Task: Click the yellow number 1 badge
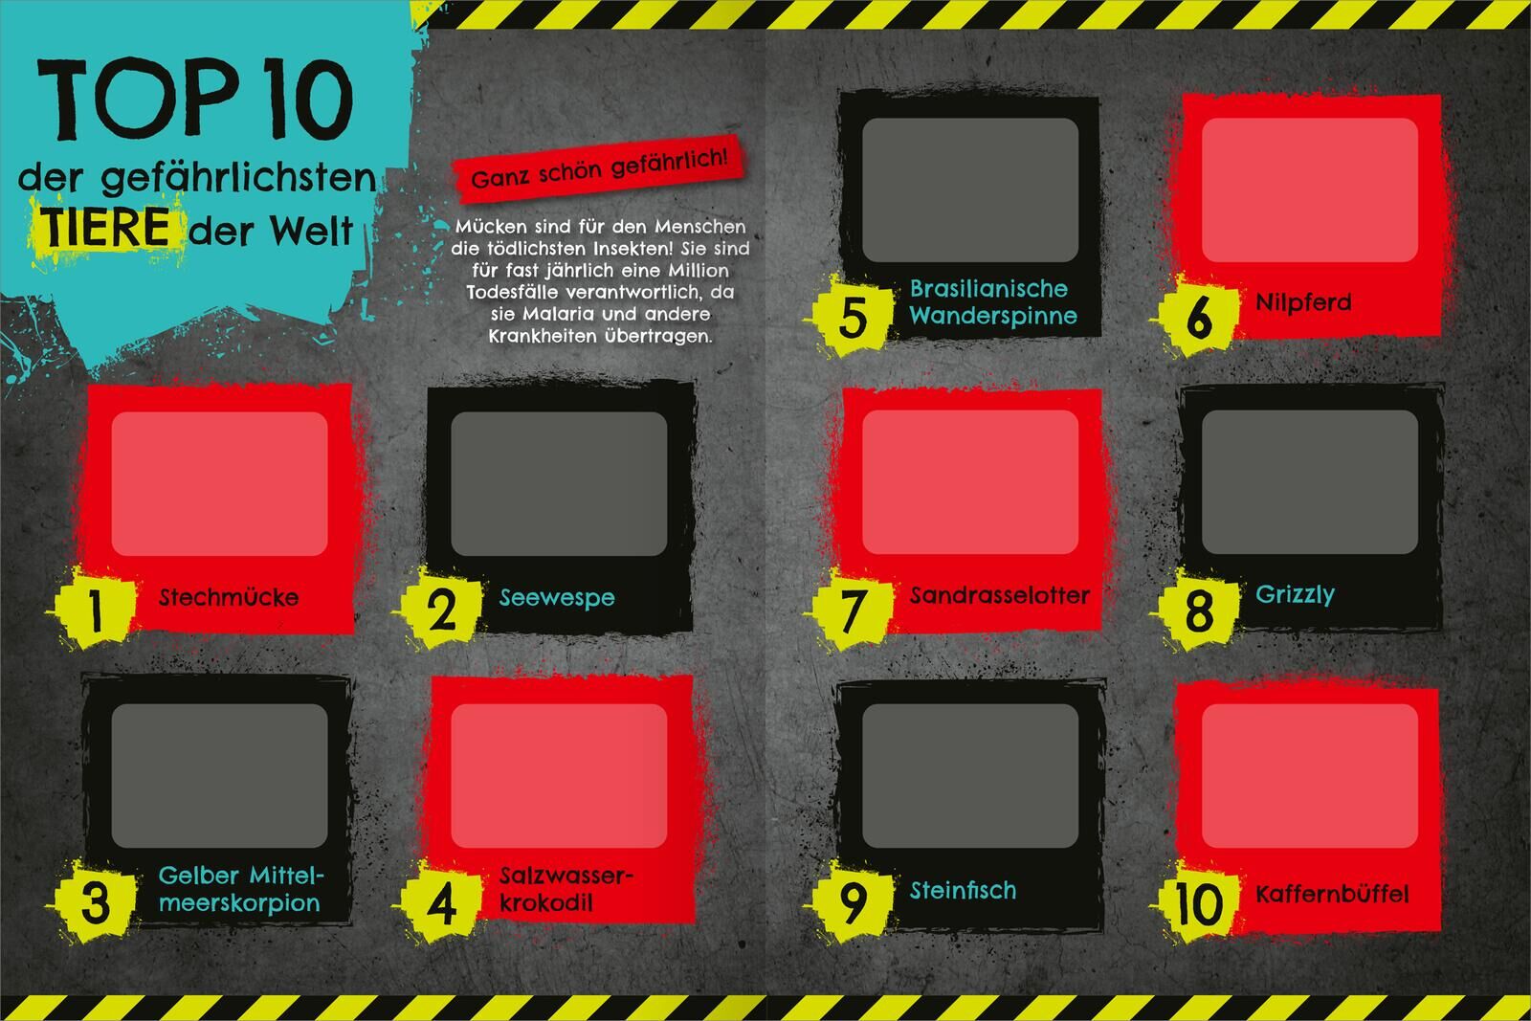pos(96,609)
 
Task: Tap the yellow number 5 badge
pos(853,317)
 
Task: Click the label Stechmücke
pos(229,597)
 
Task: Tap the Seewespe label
pos(557,598)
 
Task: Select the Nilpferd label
pos(1303,302)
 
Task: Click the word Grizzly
pos(1295,594)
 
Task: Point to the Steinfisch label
pos(963,891)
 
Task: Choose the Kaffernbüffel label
pos(1332,893)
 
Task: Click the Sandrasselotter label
pos(999,595)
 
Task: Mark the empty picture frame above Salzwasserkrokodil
pos(559,776)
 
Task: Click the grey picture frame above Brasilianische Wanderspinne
pos(970,190)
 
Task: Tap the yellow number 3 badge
pos(96,902)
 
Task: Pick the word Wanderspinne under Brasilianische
pos(993,316)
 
